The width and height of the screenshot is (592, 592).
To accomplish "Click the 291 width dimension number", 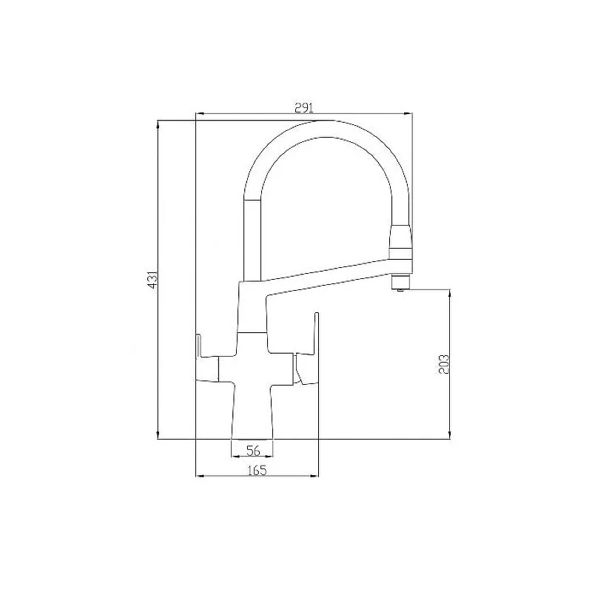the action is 304,108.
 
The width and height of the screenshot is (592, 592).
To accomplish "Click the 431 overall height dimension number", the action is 152,280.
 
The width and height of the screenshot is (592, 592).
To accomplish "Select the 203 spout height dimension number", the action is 445,364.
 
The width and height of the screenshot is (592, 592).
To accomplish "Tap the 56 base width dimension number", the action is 253,451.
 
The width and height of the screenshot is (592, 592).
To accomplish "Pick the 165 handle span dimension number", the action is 257,471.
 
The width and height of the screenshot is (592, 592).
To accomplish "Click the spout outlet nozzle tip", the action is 400,283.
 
